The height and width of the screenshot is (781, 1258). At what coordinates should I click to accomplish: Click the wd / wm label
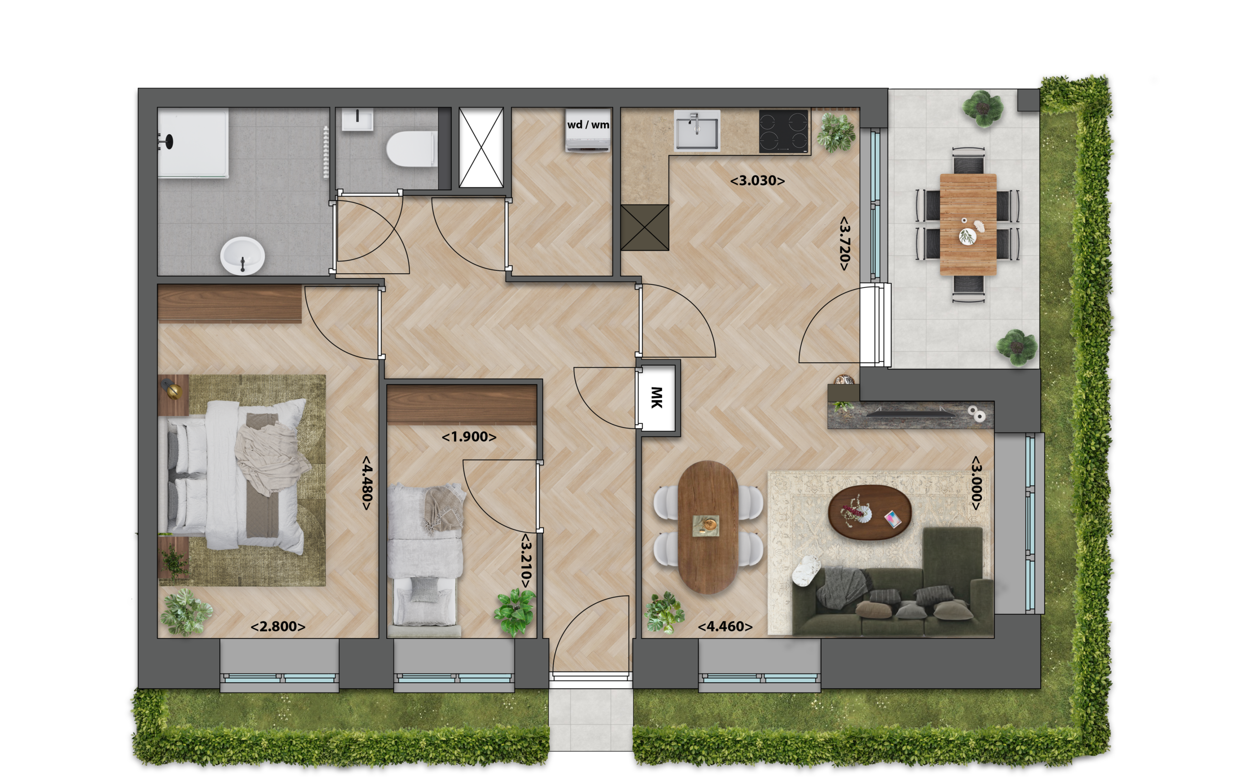(x=588, y=124)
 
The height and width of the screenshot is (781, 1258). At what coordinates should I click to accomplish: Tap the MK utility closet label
(x=657, y=397)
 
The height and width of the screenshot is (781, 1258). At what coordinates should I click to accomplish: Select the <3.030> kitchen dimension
(x=757, y=181)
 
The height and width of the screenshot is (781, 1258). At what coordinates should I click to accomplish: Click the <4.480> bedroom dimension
(x=367, y=483)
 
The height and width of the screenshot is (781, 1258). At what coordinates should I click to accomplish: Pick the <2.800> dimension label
(x=278, y=627)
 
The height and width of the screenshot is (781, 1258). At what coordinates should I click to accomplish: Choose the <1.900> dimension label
(x=469, y=437)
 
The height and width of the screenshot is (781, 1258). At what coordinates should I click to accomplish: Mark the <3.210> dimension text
(x=526, y=561)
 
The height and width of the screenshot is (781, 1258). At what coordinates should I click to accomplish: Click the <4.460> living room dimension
(x=725, y=627)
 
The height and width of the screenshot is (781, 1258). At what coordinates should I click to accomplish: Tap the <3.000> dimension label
(x=975, y=483)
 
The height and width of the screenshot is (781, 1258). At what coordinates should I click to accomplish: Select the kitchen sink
(x=697, y=131)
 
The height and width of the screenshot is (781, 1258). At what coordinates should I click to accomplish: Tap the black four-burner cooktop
(x=783, y=131)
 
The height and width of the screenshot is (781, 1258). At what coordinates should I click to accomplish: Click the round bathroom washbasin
(x=243, y=256)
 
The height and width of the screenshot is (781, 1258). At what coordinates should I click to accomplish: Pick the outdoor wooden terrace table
(x=968, y=224)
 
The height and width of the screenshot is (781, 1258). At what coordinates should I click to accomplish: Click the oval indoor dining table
(x=708, y=527)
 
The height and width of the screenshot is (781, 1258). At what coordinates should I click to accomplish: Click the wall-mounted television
(x=909, y=411)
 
